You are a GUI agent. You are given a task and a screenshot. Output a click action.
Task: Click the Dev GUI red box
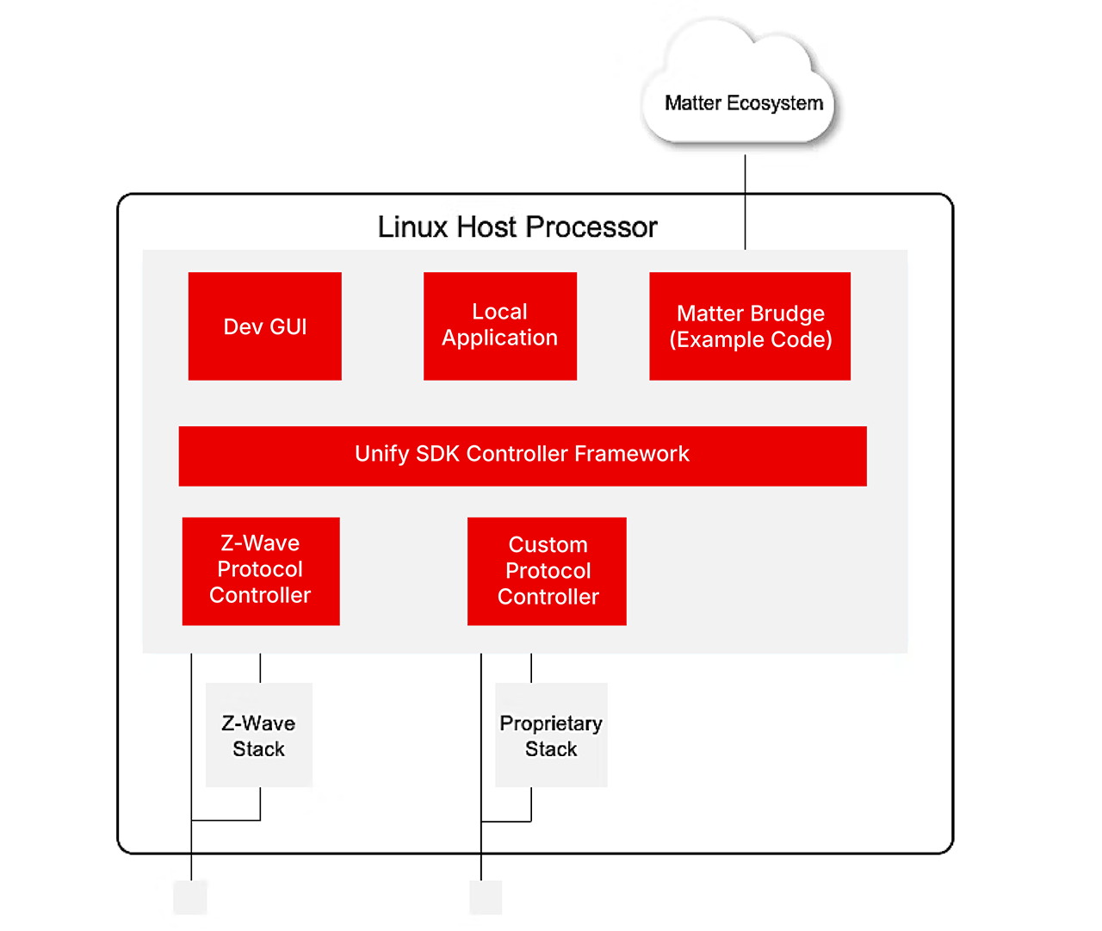click(x=264, y=326)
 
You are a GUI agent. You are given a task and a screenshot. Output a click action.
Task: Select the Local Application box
click(x=499, y=326)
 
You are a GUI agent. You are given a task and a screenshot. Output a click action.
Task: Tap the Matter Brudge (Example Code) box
click(x=749, y=326)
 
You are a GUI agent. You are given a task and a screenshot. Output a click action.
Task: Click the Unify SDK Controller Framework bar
click(x=522, y=456)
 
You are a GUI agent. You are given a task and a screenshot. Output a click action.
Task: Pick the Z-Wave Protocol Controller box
click(x=260, y=571)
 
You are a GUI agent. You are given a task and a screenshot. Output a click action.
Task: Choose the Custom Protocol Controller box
click(x=547, y=571)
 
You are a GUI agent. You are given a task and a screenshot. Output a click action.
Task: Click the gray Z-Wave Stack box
click(x=258, y=735)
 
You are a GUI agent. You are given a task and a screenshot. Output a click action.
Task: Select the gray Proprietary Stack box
click(x=551, y=735)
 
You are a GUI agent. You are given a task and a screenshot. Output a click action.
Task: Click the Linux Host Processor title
click(x=517, y=227)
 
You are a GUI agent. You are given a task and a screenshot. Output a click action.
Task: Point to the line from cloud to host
click(x=745, y=202)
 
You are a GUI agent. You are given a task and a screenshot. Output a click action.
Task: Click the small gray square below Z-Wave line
click(x=190, y=897)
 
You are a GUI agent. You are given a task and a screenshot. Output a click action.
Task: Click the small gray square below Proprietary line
click(x=486, y=897)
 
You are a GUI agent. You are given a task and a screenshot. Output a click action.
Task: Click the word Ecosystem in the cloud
click(x=775, y=103)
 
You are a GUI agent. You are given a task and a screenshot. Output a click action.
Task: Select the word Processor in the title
click(x=591, y=227)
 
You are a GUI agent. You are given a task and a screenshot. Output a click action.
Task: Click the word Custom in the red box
click(x=548, y=545)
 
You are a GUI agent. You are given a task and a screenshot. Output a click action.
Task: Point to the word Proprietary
click(x=551, y=723)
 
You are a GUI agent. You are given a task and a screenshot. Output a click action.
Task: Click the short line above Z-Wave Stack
click(x=260, y=668)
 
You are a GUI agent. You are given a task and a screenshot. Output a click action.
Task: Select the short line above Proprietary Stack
click(x=531, y=668)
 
